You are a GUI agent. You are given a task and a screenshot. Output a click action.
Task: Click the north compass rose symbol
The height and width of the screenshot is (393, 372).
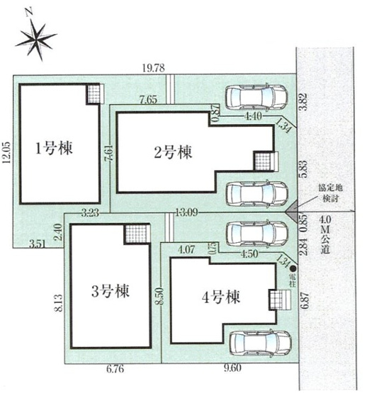click(x=35, y=39)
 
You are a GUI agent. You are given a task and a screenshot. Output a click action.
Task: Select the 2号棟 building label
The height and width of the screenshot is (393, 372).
click(x=174, y=152)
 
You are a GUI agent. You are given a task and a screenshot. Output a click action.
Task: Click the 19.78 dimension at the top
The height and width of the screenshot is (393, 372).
click(x=152, y=68)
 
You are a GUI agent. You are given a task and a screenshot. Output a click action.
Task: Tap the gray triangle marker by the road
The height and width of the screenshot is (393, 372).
click(x=291, y=211)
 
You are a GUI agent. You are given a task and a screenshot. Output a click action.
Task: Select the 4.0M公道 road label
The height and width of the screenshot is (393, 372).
click(x=328, y=234)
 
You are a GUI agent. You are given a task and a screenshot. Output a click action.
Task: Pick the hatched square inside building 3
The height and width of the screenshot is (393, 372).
click(x=135, y=233)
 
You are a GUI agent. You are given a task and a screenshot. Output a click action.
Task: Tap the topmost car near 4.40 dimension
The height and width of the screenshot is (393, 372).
click(x=256, y=96)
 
